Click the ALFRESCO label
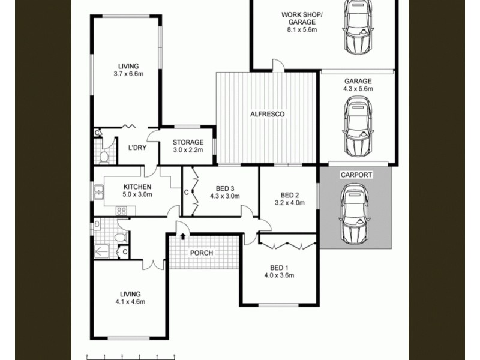click(x=268, y=114)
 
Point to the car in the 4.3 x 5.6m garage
click(x=358, y=127)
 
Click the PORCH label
click(x=202, y=253)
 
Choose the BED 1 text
click(x=280, y=268)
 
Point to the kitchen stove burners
click(x=121, y=211)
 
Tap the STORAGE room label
click(x=188, y=142)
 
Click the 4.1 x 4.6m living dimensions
click(x=130, y=302)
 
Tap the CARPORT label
click(x=356, y=175)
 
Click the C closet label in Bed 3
click(x=187, y=193)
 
